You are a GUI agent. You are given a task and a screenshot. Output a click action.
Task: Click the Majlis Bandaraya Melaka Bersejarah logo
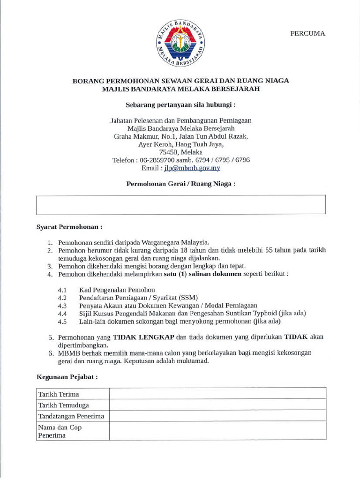click(x=180, y=44)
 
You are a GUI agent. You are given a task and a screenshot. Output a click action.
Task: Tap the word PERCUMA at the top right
click(x=307, y=33)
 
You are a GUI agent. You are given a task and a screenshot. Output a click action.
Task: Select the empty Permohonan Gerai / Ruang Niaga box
click(x=180, y=205)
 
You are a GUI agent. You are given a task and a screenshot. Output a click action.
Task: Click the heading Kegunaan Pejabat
click(x=67, y=377)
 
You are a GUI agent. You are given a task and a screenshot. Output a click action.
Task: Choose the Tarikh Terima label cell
click(x=73, y=394)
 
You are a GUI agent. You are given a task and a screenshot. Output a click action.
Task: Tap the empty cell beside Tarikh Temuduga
click(x=217, y=405)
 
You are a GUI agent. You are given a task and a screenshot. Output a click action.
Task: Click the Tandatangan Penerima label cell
click(x=73, y=416)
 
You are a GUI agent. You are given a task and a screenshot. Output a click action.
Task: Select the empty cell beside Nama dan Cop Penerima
click(x=217, y=431)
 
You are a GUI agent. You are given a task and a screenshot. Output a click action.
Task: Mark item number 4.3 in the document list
click(x=62, y=306)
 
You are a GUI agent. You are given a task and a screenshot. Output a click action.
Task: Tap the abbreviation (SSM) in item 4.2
click(x=187, y=298)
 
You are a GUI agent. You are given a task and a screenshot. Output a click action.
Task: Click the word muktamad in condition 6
click(x=192, y=361)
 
